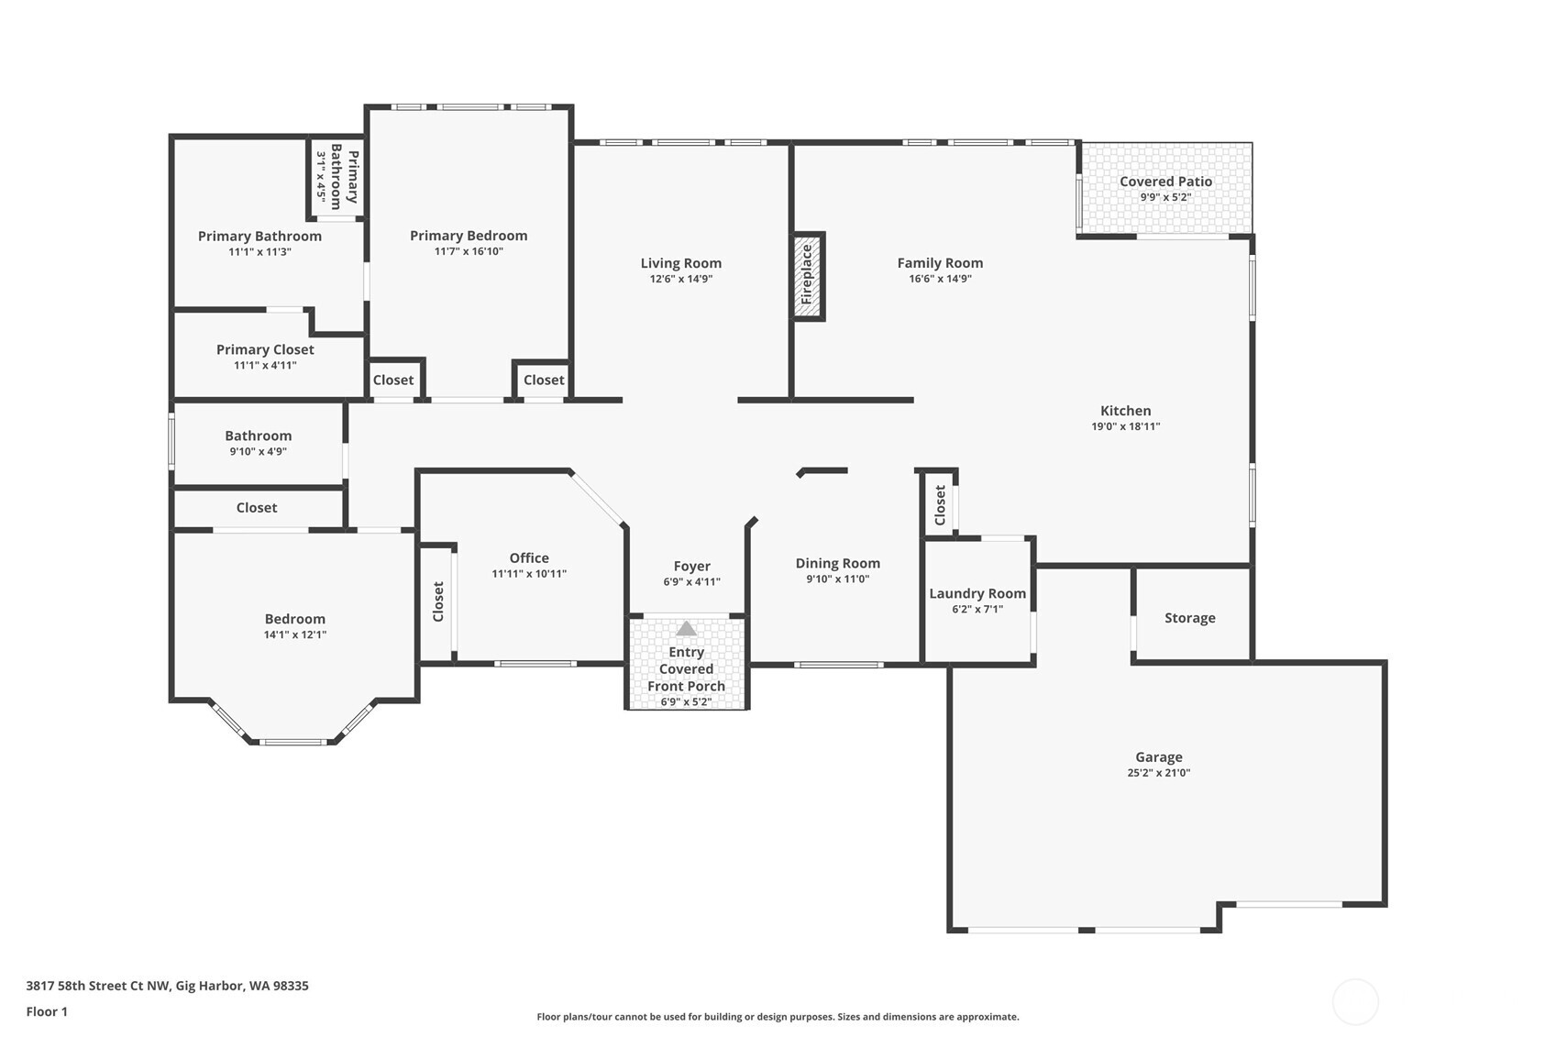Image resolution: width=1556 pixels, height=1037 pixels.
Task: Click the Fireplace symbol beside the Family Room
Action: coord(807,276)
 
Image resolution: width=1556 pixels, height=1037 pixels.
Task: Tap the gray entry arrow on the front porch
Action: coord(686,629)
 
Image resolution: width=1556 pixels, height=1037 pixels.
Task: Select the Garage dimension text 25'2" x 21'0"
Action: coord(1158,773)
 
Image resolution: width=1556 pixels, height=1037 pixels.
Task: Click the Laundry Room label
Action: coord(977,593)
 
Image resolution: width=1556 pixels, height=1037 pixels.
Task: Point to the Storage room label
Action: coord(1189,618)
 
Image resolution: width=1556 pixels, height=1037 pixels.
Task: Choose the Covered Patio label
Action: coord(1165,182)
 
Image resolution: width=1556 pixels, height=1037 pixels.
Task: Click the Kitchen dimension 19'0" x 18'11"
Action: coord(1125,426)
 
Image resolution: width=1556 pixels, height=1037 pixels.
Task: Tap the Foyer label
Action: coord(691,567)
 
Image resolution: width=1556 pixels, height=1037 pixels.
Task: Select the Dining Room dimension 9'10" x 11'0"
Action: coord(837,579)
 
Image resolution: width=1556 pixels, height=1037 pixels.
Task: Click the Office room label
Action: coord(529,557)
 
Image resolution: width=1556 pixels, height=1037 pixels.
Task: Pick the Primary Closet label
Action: coord(265,349)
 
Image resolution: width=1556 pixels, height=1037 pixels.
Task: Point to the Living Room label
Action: coord(680,263)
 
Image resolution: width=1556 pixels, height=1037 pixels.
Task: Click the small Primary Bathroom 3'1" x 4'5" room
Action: coord(337,176)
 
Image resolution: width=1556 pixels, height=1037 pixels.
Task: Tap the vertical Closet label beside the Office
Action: coord(438,601)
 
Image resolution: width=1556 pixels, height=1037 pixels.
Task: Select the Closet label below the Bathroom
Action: coord(257,508)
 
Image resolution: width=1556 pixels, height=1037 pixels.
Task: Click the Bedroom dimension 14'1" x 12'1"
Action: coord(294,634)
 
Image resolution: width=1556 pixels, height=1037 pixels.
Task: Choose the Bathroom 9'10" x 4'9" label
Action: coord(258,436)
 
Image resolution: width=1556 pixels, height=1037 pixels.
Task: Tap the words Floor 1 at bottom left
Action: coord(47,1011)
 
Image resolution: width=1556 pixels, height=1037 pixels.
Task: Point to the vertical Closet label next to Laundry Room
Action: coord(940,505)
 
